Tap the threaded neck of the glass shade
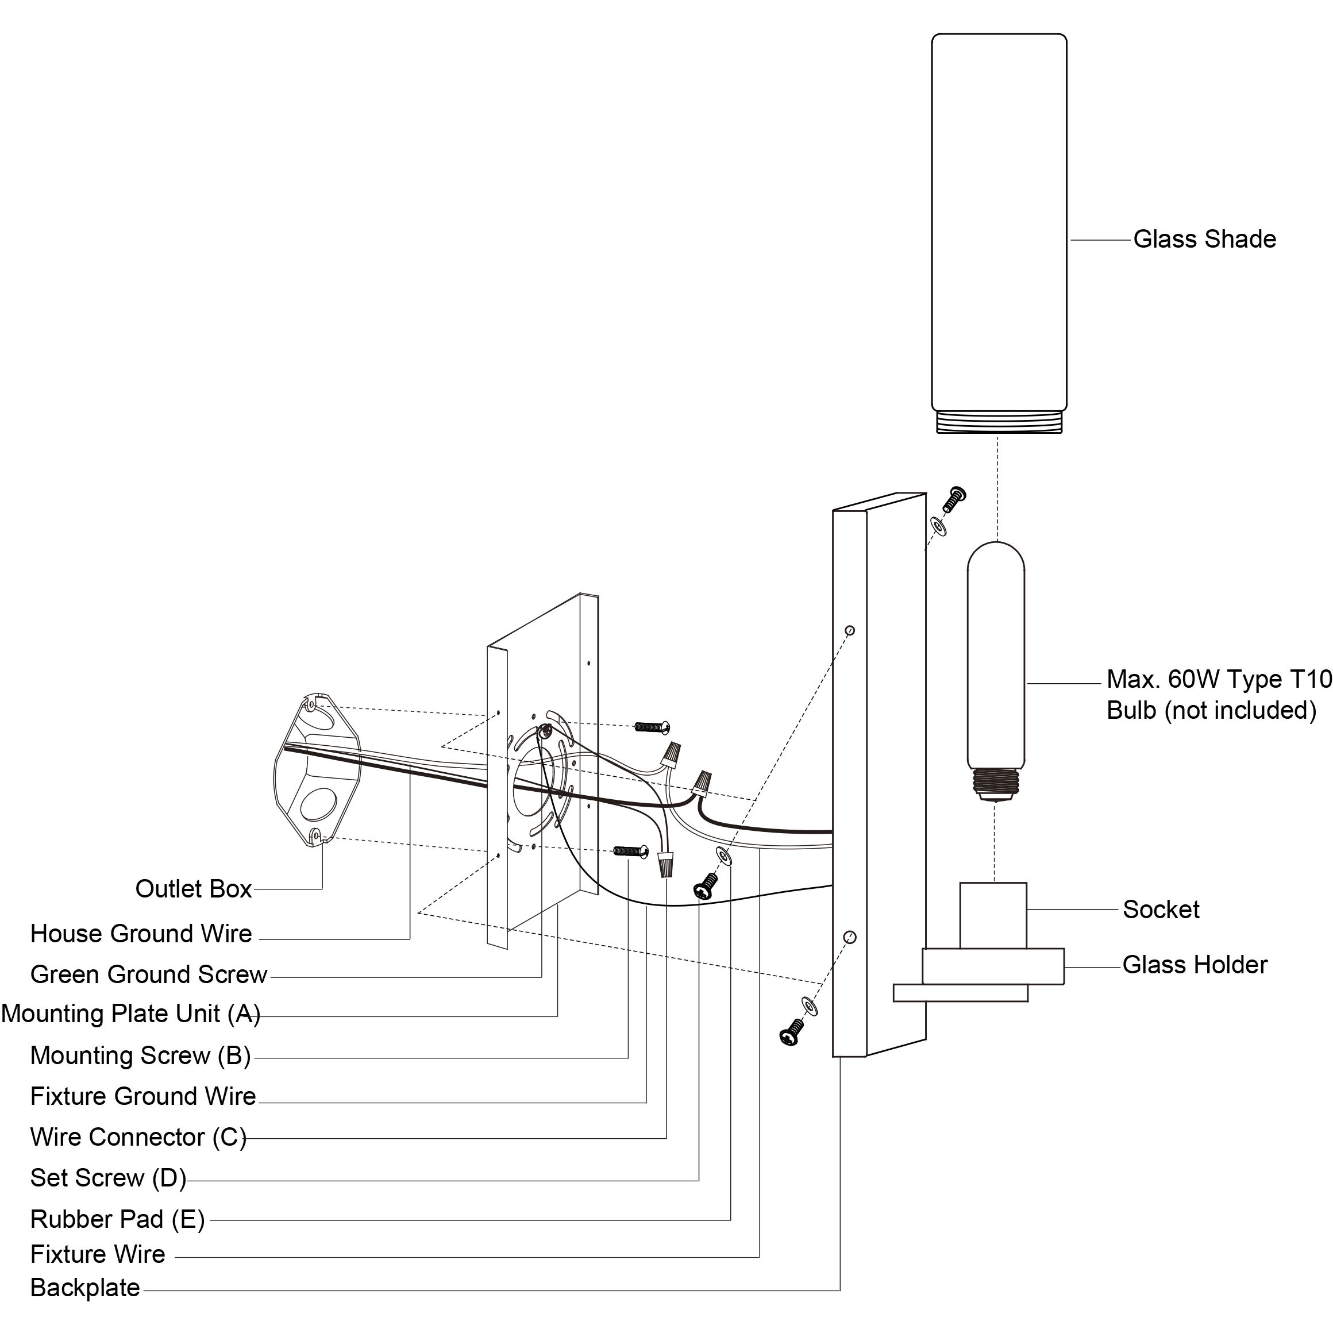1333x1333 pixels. [999, 422]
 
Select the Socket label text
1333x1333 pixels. [1161, 910]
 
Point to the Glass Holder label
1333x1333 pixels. [1195, 965]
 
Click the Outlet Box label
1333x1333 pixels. [193, 889]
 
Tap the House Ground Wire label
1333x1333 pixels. [141, 934]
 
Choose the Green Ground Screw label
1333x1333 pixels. [148, 974]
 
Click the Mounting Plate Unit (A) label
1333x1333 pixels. [130, 1014]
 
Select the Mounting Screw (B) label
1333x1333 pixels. [140, 1055]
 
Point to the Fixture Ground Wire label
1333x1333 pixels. [143, 1096]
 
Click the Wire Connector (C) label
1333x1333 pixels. [138, 1137]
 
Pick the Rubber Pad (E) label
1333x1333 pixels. [117, 1219]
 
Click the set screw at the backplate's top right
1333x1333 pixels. [954, 499]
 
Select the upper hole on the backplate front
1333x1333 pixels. [850, 630]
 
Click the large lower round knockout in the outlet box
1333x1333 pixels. [319, 804]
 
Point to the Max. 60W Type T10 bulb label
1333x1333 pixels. [1219, 694]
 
